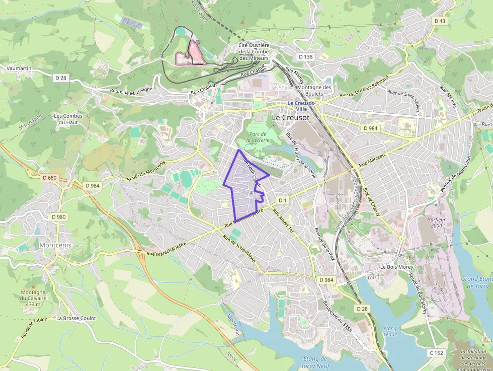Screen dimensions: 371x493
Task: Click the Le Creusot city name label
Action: (290, 117)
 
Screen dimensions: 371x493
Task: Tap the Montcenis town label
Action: (55, 245)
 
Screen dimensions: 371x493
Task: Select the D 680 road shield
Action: (50, 178)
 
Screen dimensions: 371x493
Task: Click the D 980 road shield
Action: (59, 217)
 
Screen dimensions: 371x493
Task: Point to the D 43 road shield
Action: (439, 21)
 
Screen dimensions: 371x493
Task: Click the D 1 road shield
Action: (282, 200)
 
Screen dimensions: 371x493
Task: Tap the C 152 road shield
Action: (436, 353)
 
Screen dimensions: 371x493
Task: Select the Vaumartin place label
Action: (19, 68)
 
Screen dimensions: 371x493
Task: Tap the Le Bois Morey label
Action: (396, 267)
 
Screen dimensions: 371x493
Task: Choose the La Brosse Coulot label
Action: (76, 318)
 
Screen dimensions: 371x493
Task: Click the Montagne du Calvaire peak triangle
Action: (34, 284)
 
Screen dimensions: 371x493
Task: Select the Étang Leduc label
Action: (390, 331)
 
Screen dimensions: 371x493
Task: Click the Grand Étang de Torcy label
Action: (476, 282)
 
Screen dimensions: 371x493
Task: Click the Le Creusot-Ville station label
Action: (302, 106)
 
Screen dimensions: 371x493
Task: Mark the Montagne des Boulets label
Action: (314, 90)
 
